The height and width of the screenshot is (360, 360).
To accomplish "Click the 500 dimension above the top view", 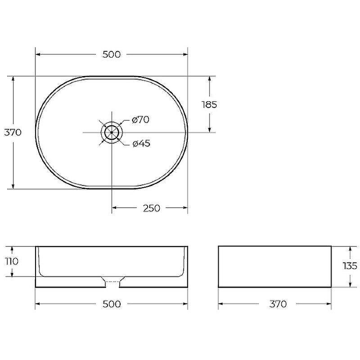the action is [111, 54].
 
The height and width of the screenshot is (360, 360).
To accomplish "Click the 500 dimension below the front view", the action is [112, 304].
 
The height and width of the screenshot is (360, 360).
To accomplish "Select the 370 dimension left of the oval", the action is [13, 132].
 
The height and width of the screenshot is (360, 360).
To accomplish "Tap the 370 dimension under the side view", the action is [278, 304].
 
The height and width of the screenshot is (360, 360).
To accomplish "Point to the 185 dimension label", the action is [209, 105].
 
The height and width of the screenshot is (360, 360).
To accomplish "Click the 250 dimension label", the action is [152, 208].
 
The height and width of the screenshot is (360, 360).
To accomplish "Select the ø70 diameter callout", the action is [141, 120].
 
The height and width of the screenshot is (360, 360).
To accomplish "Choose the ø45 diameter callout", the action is [141, 144].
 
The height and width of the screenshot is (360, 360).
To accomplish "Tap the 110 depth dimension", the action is [12, 261].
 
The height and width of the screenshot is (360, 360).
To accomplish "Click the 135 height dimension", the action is [350, 266].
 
